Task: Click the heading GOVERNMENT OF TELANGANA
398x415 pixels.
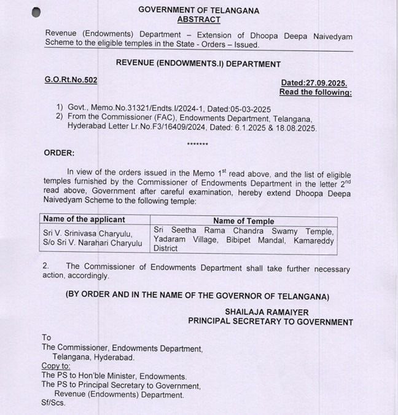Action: [198, 10]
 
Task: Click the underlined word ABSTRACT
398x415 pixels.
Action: [198, 20]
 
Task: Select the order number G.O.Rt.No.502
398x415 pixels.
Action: [71, 80]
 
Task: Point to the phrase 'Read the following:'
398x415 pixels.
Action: [315, 92]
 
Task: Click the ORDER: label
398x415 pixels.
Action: [59, 153]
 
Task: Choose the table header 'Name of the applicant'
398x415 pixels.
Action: [84, 219]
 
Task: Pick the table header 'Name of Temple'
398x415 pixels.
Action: [243, 221]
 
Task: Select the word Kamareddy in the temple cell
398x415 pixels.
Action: [314, 240]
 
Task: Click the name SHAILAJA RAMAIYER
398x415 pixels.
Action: [267, 312]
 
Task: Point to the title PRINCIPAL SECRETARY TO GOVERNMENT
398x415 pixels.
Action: [270, 322]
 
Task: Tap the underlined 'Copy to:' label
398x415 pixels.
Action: [56, 366]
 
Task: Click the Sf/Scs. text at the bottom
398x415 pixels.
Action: [53, 403]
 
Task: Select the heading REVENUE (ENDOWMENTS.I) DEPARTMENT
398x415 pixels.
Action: [198, 64]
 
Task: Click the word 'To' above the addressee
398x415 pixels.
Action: [47, 338]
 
